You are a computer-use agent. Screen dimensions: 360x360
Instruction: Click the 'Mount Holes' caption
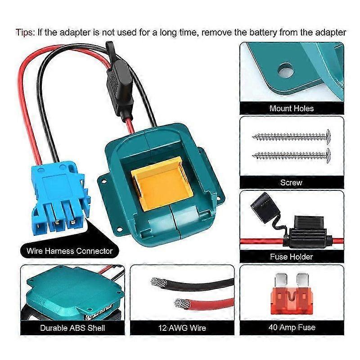[291, 108]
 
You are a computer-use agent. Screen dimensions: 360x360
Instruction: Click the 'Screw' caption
[291, 183]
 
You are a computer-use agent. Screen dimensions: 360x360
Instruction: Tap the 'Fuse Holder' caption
[291, 256]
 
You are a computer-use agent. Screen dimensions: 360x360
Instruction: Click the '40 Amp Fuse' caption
[292, 327]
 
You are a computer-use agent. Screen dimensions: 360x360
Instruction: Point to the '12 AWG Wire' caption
[182, 328]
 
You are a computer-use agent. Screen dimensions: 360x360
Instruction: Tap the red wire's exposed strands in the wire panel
[181, 303]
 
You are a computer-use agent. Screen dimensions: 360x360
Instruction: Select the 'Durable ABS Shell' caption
[72, 328]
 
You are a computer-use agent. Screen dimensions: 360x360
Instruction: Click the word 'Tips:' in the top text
[25, 32]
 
